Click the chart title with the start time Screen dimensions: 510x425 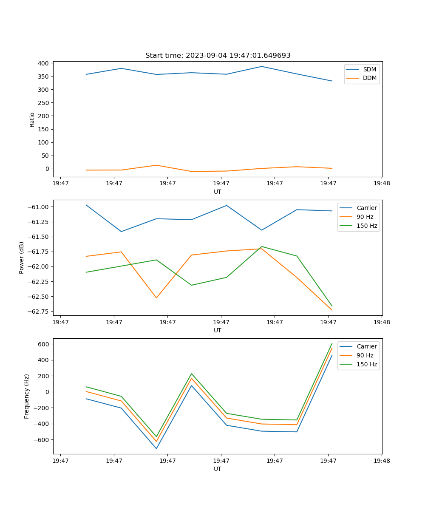click(218, 56)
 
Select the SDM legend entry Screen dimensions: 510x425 click(369, 69)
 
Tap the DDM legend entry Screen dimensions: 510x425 click(369, 78)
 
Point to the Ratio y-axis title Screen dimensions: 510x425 click(32, 120)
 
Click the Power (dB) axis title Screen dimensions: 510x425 click(22, 258)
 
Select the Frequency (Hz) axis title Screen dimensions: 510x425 click(27, 396)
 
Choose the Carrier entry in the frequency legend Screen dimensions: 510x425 click(366, 346)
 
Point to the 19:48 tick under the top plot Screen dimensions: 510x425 click(382, 184)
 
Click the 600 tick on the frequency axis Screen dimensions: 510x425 click(43, 344)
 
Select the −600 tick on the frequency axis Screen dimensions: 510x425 click(41, 440)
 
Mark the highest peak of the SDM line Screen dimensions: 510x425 click(261, 66)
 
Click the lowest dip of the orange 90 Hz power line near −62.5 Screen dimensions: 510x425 click(156, 297)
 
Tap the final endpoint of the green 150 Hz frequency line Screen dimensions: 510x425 click(332, 343)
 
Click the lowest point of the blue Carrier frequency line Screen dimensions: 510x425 click(156, 448)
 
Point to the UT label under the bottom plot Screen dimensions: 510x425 click(218, 469)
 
